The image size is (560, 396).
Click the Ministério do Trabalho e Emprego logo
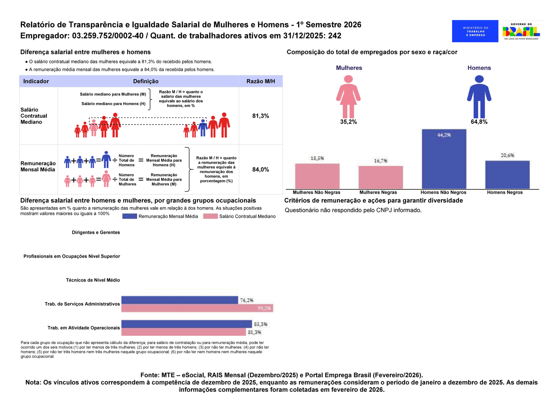[475, 31]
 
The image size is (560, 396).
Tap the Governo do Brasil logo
[521, 31]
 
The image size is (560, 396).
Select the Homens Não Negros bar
[444, 159]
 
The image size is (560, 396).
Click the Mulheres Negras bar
[380, 177]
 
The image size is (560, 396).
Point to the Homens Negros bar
[507, 175]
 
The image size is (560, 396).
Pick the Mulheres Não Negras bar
[317, 176]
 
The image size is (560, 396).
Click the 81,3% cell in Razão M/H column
[260, 116]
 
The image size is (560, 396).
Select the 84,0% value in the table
[260, 170]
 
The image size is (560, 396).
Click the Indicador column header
[36, 81]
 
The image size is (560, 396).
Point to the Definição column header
[146, 81]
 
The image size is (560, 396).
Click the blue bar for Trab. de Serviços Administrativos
[180, 300]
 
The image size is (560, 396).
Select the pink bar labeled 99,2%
[197, 308]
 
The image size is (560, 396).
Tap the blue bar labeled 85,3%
[187, 324]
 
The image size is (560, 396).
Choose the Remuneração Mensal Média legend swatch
[129, 216]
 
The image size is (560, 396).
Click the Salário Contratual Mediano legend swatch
[210, 216]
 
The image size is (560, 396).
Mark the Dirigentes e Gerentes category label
[96, 232]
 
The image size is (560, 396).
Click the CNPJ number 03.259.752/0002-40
[108, 36]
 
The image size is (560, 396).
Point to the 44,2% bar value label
[444, 135]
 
